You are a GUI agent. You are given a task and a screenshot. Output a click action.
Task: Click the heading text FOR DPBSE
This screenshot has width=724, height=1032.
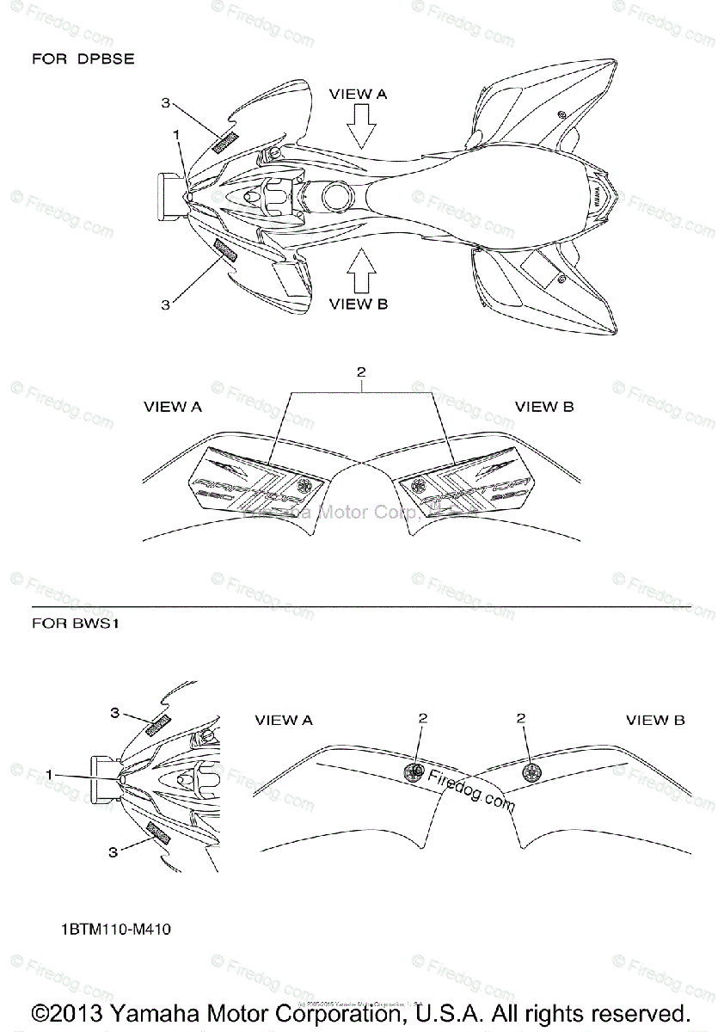(83, 59)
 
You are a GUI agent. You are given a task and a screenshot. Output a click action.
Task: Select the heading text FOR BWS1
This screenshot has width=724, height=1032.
(75, 623)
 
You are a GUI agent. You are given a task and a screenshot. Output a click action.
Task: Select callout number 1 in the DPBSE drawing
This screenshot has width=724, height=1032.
(175, 134)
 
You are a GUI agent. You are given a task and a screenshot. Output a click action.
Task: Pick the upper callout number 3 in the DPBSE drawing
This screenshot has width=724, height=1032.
(166, 102)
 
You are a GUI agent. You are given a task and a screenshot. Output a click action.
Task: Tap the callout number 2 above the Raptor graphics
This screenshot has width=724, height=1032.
(361, 372)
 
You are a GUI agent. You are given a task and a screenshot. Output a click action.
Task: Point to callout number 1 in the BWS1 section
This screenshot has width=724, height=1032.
(52, 774)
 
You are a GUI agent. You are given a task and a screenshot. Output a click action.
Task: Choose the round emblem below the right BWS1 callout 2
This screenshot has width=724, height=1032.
(529, 771)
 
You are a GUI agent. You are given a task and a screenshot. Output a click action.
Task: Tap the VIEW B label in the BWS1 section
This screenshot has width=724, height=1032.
(655, 720)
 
